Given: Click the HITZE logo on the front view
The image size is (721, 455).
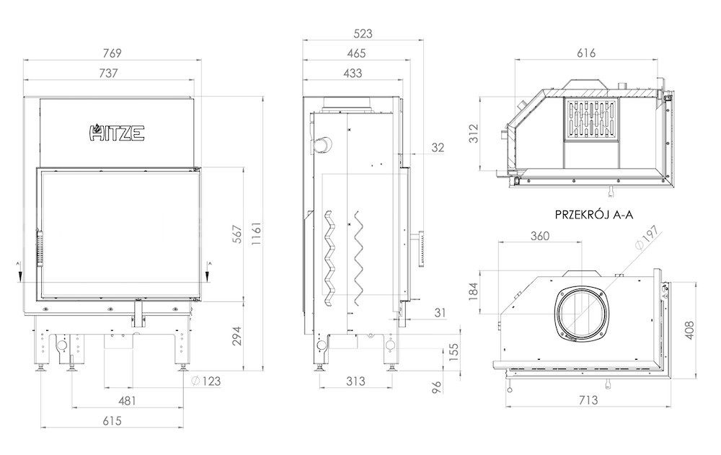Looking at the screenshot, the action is click(116, 133).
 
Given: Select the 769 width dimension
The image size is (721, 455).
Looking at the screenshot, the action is click(112, 53).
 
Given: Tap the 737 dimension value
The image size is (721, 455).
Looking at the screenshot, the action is click(108, 73).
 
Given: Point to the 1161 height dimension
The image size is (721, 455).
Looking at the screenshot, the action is click(257, 234).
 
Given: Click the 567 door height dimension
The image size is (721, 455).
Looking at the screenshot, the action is click(236, 234).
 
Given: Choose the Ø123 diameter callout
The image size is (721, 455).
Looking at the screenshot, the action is click(205, 381).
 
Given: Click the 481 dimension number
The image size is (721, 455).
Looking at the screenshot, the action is click(128, 401).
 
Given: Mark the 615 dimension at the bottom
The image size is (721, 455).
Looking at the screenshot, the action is click(112, 421).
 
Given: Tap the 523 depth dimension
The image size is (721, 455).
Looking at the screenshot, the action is click(363, 34).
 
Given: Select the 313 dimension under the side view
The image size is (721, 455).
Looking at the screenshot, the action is click(355, 381).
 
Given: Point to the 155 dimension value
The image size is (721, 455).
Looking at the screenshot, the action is click(454, 353).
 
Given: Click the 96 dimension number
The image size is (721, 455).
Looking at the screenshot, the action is click(436, 387).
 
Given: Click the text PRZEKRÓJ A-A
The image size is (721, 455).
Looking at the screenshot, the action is click(594, 215).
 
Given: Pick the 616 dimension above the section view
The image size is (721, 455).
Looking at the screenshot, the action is click(585, 53).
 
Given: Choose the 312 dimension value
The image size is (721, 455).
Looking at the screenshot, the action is click(474, 133).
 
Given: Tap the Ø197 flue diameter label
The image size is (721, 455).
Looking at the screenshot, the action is click(647, 238).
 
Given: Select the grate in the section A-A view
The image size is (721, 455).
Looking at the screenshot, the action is click(591, 119).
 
